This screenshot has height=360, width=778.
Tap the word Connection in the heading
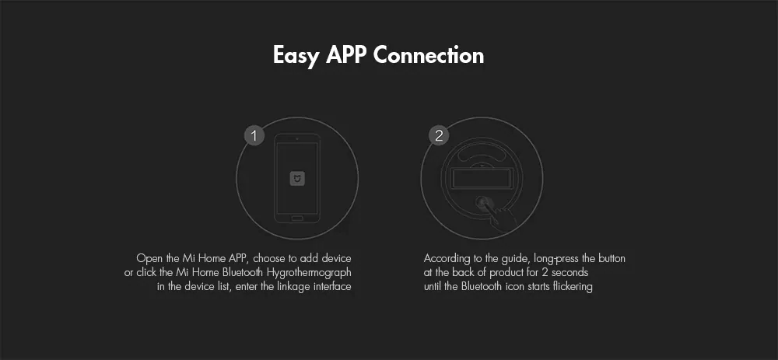click(x=428, y=54)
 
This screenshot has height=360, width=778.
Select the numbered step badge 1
click(x=254, y=136)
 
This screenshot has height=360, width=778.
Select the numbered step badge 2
click(x=439, y=136)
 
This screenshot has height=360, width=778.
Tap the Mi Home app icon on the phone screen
click(x=297, y=179)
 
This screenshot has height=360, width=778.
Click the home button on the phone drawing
click(x=297, y=218)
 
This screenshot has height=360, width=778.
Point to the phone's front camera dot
click(x=297, y=138)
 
